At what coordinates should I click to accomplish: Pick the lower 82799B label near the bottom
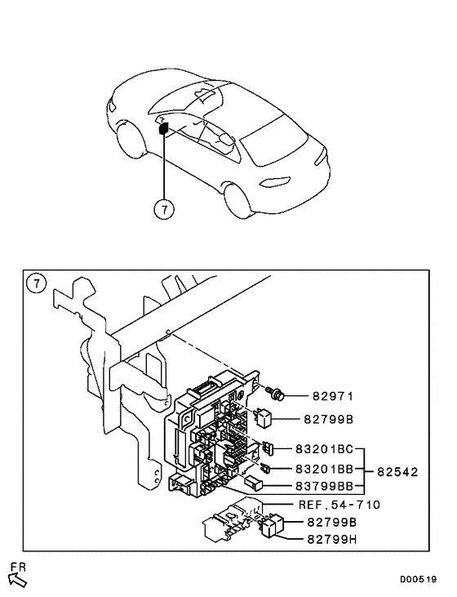click(334, 521)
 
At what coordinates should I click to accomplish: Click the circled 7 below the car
click(164, 210)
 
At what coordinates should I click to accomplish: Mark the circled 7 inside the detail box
click(36, 284)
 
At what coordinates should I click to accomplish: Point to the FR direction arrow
click(17, 579)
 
